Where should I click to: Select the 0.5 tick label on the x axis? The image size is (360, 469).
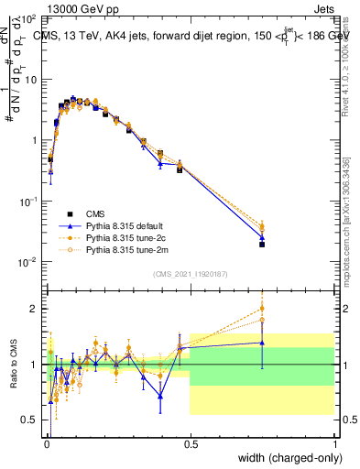click(x=190, y=445)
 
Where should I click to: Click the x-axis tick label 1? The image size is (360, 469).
click(x=335, y=445)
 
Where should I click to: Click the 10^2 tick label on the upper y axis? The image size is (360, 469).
click(x=28, y=18)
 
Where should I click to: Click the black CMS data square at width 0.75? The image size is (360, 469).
click(x=262, y=245)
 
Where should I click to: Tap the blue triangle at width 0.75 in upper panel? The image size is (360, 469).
click(x=262, y=237)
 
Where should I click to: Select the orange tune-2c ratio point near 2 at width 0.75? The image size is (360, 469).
click(x=262, y=309)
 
